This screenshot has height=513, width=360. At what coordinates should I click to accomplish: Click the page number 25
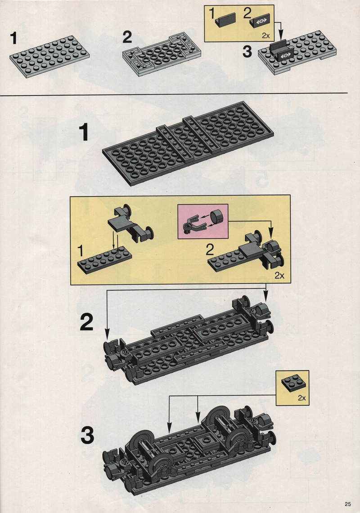347,504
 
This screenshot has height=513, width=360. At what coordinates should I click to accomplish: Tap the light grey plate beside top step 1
49,56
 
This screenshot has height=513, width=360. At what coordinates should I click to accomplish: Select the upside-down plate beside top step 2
162,54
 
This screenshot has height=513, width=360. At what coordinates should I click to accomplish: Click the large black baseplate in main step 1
188,143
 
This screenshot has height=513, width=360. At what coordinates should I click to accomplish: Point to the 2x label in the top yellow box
265,36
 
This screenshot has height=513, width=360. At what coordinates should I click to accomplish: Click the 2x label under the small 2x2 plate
301,398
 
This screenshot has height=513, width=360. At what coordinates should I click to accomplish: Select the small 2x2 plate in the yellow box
293,383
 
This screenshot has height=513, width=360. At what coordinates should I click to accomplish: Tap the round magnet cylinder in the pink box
216,217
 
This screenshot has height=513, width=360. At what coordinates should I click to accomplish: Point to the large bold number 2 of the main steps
86,322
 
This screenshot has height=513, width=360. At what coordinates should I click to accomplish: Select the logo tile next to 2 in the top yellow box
260,21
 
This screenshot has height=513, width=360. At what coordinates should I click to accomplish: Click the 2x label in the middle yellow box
279,276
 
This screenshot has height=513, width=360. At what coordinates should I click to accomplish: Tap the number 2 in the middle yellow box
210,250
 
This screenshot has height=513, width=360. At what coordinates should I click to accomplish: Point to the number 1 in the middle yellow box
81,251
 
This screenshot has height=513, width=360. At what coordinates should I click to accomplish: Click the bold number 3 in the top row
247,52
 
